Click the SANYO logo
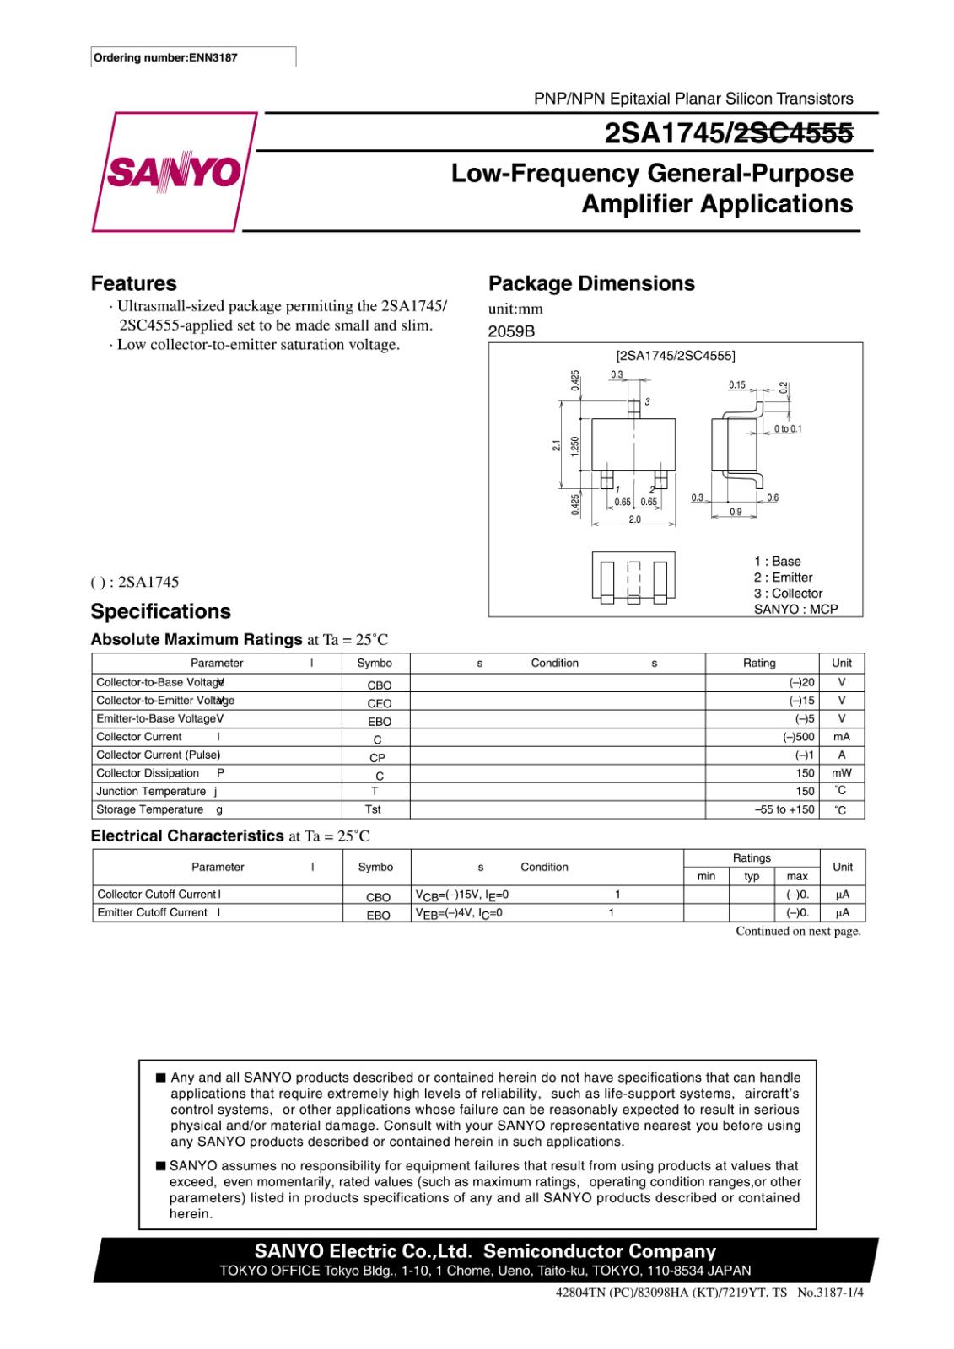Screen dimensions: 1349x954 tap(174, 172)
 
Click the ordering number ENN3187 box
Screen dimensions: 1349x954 tap(193, 57)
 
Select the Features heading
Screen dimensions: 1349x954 tap(133, 283)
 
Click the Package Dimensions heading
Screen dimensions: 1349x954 tap(591, 283)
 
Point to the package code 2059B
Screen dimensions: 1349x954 tap(511, 331)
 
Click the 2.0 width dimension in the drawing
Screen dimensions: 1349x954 tap(634, 519)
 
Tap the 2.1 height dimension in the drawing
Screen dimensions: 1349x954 tap(556, 444)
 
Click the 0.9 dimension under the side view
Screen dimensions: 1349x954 tap(736, 512)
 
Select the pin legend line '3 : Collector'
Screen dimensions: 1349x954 tap(788, 593)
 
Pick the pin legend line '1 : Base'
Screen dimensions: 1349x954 tap(777, 561)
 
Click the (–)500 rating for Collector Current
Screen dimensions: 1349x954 tap(798, 737)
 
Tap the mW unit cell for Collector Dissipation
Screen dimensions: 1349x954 tap(841, 773)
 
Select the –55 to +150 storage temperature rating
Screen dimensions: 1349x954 tap(784, 809)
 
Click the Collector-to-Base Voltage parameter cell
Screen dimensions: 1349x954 tap(159, 682)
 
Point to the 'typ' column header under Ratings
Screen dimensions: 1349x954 tap(752, 876)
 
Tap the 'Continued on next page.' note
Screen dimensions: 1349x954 tap(798, 932)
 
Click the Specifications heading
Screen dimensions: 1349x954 tap(160, 611)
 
